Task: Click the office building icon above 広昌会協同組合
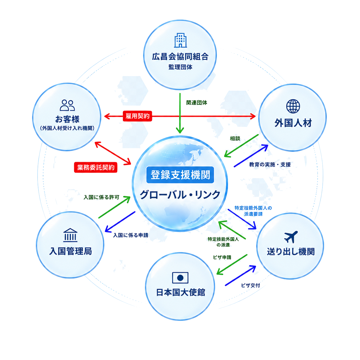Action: click(180, 40)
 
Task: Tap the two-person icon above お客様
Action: click(67, 105)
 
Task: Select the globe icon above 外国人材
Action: click(293, 106)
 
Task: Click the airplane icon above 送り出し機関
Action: click(291, 237)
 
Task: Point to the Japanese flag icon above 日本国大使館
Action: click(180, 278)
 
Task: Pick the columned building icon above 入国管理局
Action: click(70, 235)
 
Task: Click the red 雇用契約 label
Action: click(137, 116)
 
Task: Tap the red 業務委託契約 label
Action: click(96, 167)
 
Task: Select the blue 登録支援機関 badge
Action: click(180, 175)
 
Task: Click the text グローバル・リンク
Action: click(180, 195)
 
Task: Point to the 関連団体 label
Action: click(197, 102)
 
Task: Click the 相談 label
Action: click(235, 138)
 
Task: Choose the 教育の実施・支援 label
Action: click(270, 164)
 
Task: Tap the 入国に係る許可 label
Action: click(101, 197)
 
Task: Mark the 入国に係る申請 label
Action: click(131, 235)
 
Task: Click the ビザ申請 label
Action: click(222, 257)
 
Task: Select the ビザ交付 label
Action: click(250, 285)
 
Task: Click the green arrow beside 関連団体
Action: click(180, 113)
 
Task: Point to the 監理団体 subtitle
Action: click(180, 67)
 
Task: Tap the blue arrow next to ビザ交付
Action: click(241, 276)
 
